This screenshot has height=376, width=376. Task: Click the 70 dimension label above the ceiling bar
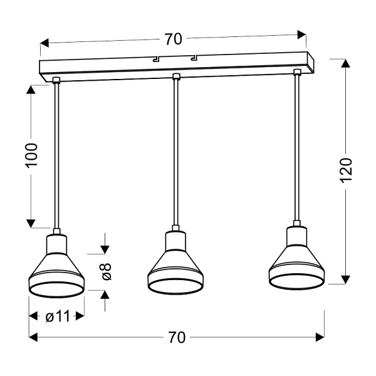coord(174,39)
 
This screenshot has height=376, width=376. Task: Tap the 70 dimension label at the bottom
coord(177,338)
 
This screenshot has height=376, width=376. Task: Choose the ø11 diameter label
coord(57,316)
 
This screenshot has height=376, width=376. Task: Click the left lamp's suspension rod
coord(56,157)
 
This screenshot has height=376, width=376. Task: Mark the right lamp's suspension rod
coord(296,150)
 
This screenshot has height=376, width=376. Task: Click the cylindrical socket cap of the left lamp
coord(56,240)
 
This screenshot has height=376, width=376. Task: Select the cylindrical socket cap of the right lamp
coord(296,234)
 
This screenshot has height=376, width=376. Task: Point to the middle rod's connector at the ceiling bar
coord(175,77)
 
